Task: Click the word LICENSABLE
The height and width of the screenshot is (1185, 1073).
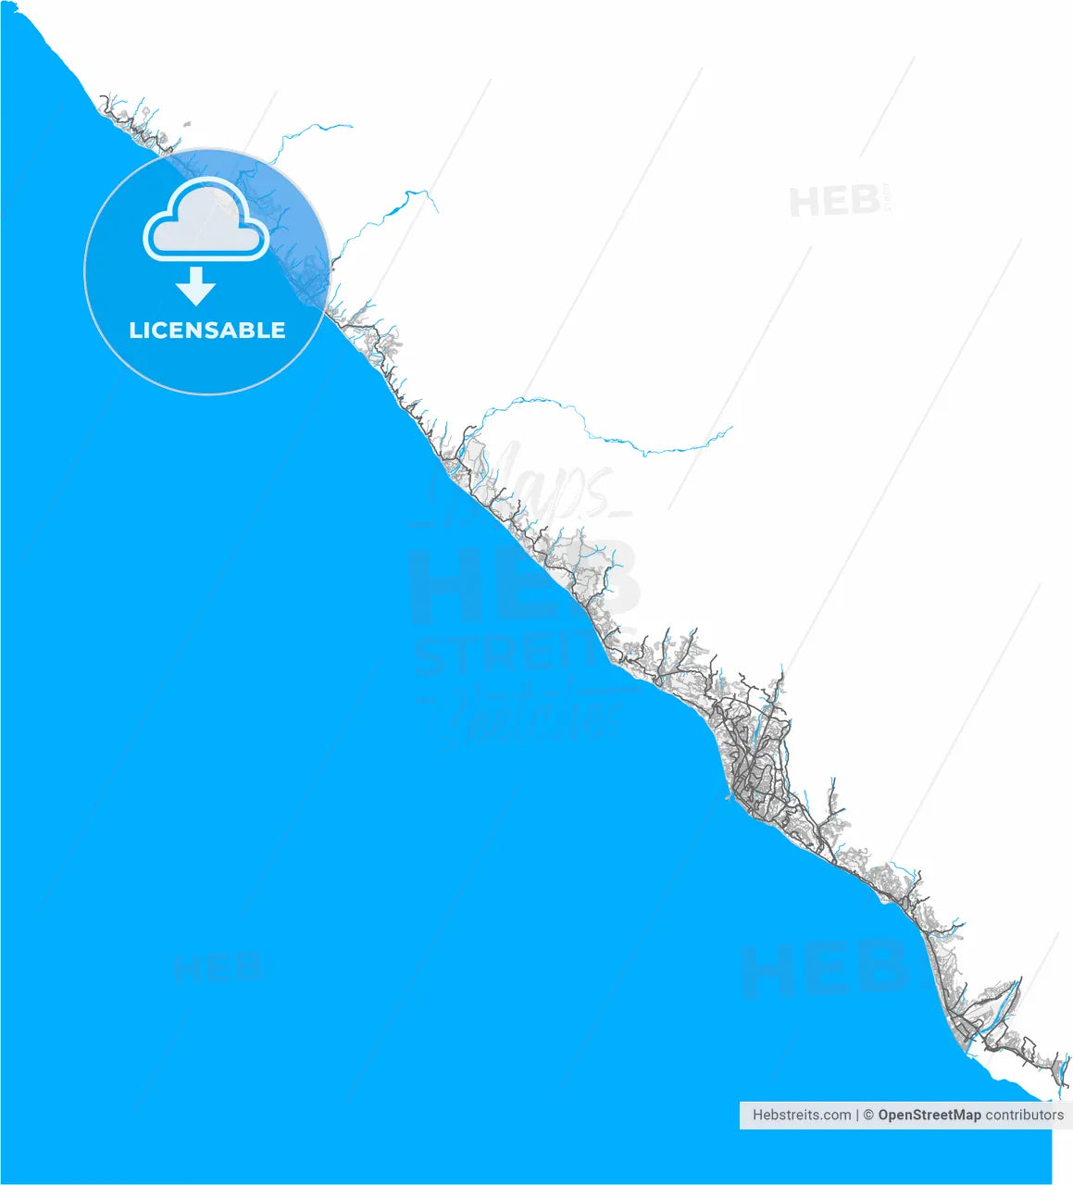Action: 207,331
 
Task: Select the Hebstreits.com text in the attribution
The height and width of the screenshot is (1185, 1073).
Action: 801,1116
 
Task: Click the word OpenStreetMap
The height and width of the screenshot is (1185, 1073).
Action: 929,1116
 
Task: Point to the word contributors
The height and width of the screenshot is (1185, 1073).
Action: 1024,1116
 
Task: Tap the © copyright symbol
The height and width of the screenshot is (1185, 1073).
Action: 868,1116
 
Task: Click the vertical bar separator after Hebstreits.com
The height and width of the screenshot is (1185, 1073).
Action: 857,1116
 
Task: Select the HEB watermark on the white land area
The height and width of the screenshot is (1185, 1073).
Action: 833,201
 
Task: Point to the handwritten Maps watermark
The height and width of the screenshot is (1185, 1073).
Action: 546,486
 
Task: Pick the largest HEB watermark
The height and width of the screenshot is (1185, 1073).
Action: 523,583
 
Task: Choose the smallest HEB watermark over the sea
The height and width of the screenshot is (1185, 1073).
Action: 218,968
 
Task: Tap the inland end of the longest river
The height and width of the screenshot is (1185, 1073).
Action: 731,428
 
